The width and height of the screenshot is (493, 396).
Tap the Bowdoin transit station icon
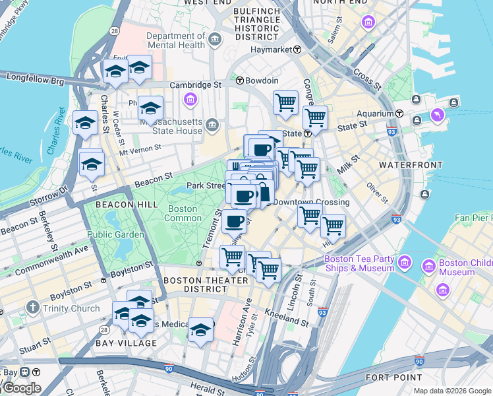click(241, 81)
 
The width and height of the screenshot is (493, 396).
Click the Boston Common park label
click(183, 213)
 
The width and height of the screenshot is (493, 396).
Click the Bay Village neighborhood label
click(125, 343)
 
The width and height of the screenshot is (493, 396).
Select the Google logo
click(21, 388)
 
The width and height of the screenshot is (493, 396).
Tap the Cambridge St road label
click(196, 85)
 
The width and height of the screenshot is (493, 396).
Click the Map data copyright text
click(452, 391)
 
